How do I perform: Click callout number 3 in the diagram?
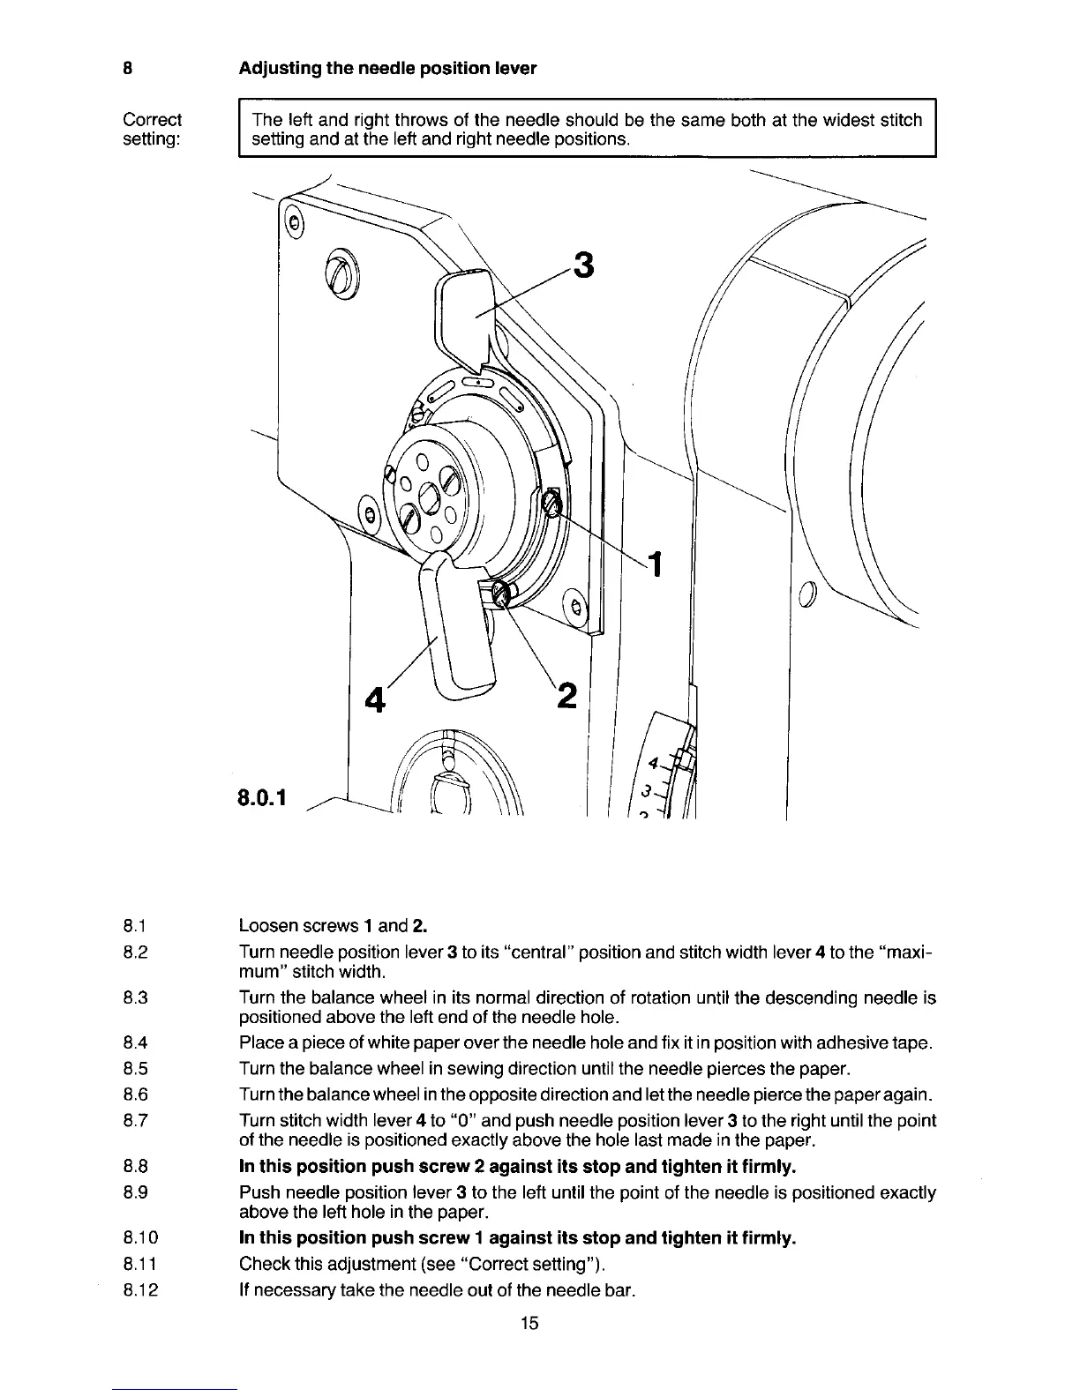click(583, 264)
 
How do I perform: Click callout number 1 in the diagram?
click(655, 563)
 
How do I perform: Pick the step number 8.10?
click(139, 1237)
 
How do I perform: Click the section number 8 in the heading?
click(128, 68)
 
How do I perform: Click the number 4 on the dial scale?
click(653, 762)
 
